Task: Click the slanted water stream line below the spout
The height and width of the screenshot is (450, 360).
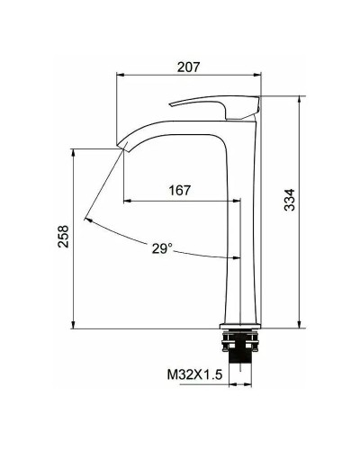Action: pyautogui.click(x=103, y=185)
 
